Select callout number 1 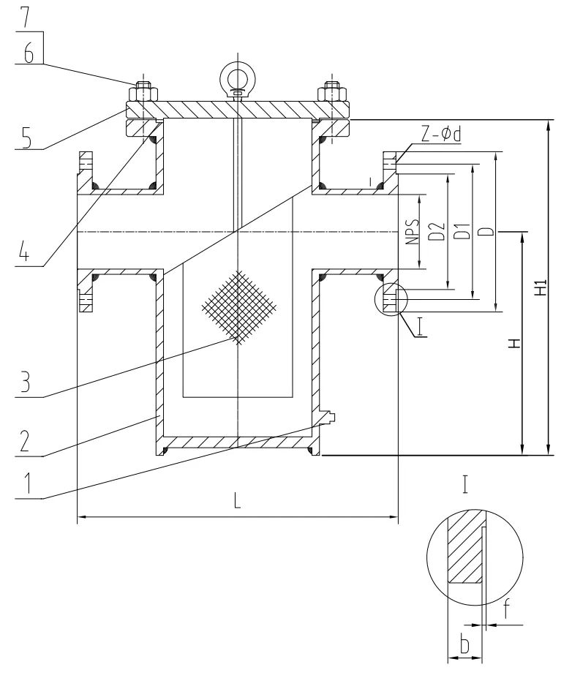tap(27, 483)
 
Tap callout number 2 tap(24, 440)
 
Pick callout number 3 tap(25, 382)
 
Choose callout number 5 tap(27, 138)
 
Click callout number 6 tap(29, 53)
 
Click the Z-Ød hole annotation tap(441, 134)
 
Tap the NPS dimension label tap(413, 232)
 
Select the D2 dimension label tap(438, 231)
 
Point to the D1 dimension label tap(463, 231)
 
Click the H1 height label tap(541, 287)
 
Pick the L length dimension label tap(237, 501)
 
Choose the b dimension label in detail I tap(464, 644)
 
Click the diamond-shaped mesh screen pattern tap(238, 307)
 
